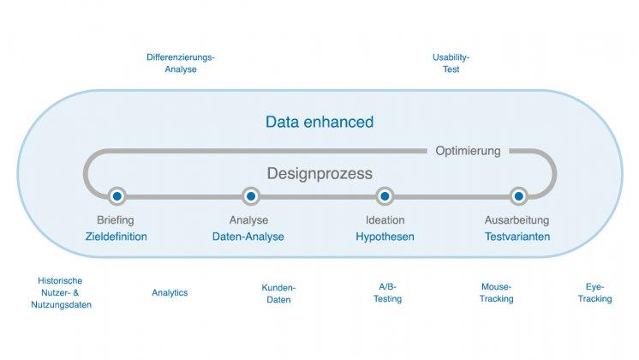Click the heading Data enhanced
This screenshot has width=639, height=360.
pos(319,122)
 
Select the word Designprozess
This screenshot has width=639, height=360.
pos(319,173)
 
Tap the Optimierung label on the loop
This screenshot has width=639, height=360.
pos(467,151)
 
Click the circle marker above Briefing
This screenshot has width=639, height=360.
pos(117,196)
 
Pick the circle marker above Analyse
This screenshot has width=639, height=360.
pos(250,196)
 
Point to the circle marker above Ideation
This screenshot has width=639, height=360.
pos(385,196)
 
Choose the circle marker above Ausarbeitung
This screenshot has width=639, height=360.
pos(517,196)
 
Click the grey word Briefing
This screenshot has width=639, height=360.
pos(116,220)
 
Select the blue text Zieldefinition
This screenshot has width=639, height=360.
pos(116,237)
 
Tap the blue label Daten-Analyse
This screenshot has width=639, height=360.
pos(248,237)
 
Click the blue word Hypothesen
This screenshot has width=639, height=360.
pos(385,237)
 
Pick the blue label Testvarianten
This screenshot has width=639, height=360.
pos(517,237)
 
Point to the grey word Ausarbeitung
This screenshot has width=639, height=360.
pos(517,220)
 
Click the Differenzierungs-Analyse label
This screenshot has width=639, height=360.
pos(181,63)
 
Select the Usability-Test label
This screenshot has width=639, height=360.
pos(451,63)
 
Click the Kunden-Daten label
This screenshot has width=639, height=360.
pos(278,293)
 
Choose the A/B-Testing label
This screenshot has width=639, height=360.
pos(388,292)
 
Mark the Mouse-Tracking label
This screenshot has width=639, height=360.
pos(497,292)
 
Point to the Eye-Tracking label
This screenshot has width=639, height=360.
pos(594,292)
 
